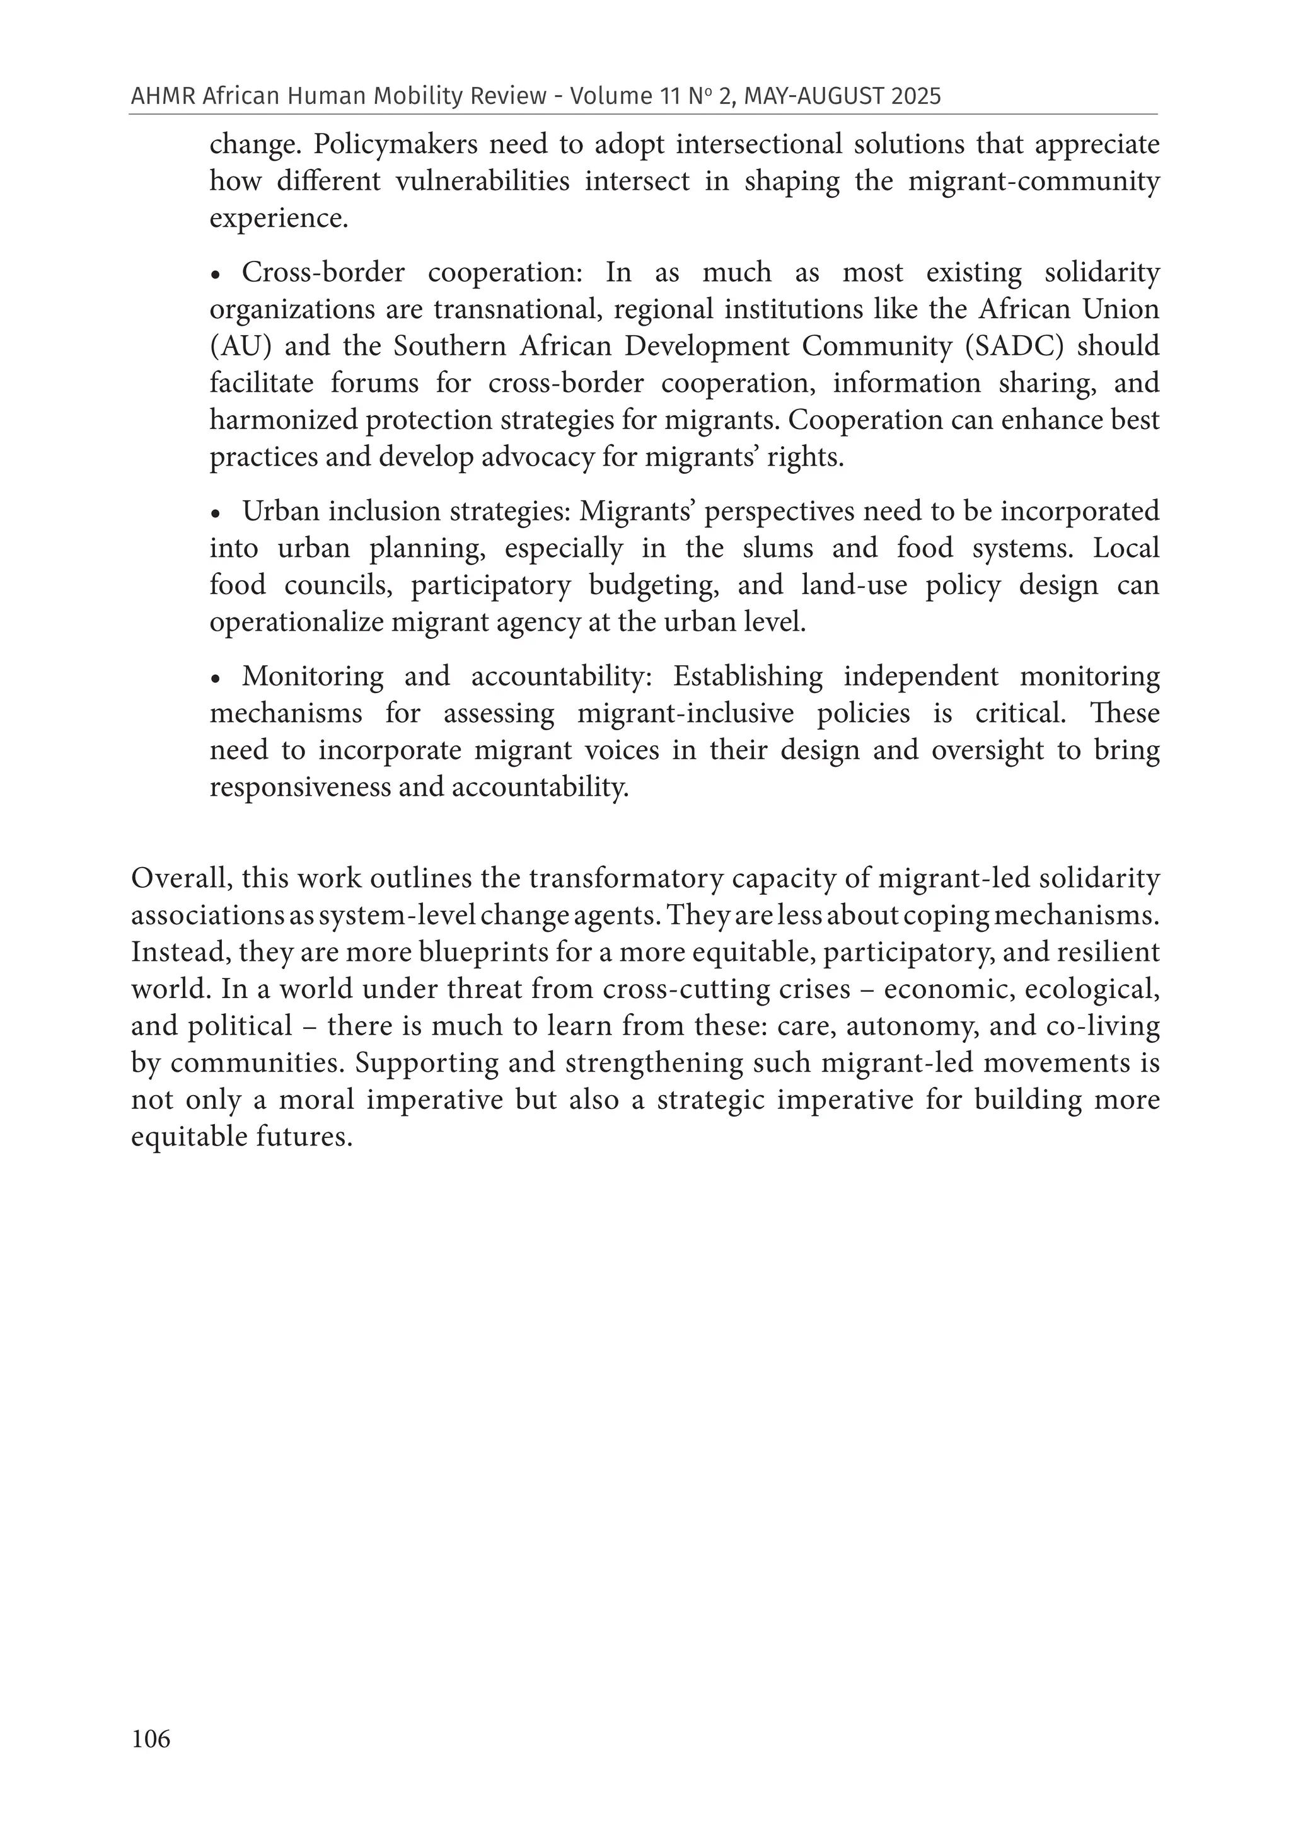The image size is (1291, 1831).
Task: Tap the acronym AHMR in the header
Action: (163, 96)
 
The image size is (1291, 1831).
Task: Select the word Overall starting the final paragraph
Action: (182, 878)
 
